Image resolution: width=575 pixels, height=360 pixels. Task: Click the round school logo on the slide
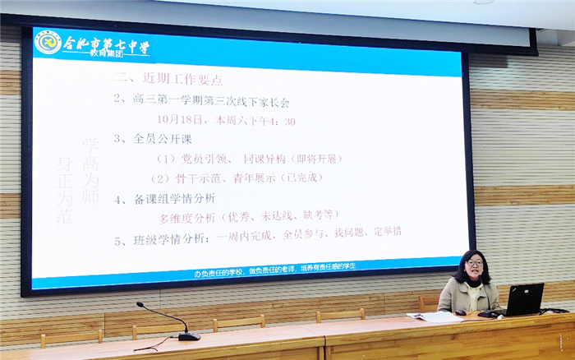tap(48, 42)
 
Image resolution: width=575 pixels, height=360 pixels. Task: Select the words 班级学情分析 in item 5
tap(177, 240)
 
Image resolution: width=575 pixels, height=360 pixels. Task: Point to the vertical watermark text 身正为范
tap(67, 196)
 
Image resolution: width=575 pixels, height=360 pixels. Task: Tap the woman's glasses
tap(474, 263)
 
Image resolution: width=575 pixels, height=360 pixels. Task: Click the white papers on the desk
tap(435, 316)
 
